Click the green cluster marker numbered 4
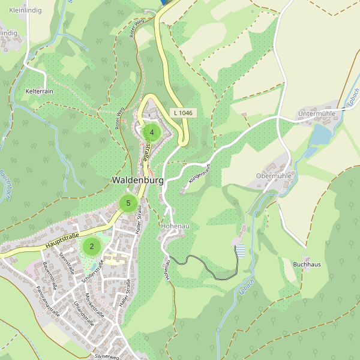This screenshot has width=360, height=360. (152, 133)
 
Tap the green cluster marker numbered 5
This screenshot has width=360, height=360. (128, 203)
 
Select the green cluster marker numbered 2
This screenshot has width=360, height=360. (91, 245)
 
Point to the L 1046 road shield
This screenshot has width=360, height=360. (182, 112)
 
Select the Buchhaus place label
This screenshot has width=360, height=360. (307, 264)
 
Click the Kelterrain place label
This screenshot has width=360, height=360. (40, 91)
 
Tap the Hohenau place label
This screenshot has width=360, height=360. (175, 226)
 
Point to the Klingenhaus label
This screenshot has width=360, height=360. (200, 173)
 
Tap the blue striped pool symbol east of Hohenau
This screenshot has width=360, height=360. (241, 251)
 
